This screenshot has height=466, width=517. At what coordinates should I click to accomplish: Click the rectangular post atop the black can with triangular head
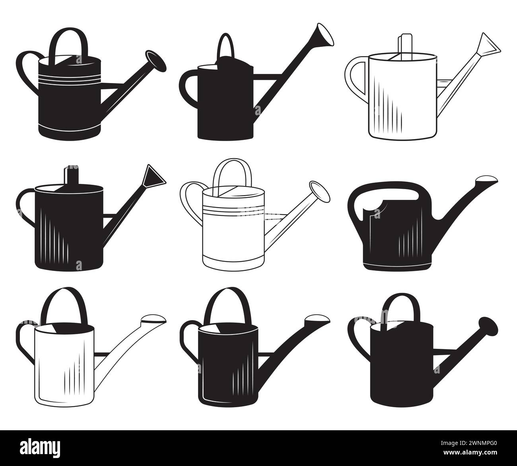click(x=73, y=175)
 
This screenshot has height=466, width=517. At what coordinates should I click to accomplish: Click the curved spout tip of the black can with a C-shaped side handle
click(x=317, y=320)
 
